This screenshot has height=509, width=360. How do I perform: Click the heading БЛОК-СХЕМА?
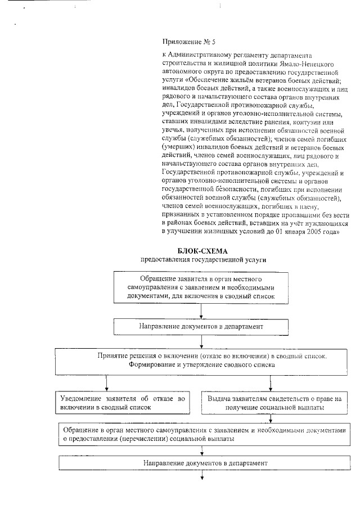[202, 251]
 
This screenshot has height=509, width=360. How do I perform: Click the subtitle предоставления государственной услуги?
[202, 260]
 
